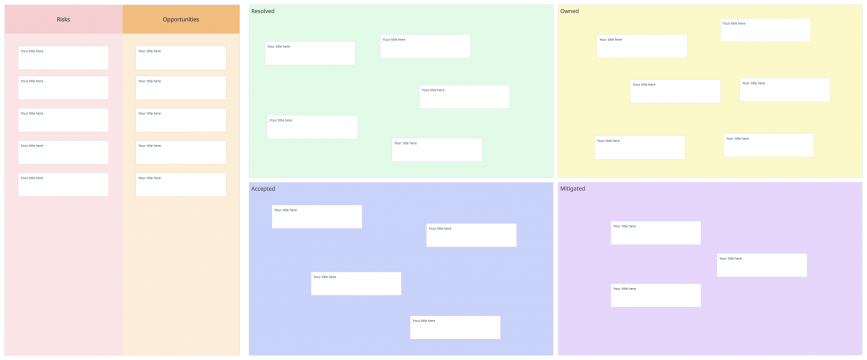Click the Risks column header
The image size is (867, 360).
(x=63, y=19)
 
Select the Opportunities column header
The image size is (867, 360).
(x=181, y=19)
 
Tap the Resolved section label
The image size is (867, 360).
(x=263, y=11)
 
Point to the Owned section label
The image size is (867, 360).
(x=569, y=11)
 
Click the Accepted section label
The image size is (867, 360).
(x=263, y=188)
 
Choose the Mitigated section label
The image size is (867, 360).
(x=573, y=188)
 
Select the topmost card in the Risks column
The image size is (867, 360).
(x=63, y=58)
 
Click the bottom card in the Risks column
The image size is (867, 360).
(x=63, y=184)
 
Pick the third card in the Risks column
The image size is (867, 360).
(x=63, y=120)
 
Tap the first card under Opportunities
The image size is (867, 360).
(x=181, y=58)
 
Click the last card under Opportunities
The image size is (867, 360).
(x=181, y=184)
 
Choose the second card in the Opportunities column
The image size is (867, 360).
(x=181, y=88)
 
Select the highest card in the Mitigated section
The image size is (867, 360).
(x=656, y=233)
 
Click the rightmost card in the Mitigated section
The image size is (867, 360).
(x=762, y=265)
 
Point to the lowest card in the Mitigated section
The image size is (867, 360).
(x=656, y=295)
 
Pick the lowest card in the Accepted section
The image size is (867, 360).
(x=455, y=327)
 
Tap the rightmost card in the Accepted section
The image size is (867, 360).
(x=471, y=235)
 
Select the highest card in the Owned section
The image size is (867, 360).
(x=765, y=30)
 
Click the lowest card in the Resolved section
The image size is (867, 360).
(x=437, y=150)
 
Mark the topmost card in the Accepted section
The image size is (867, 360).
(x=317, y=217)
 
